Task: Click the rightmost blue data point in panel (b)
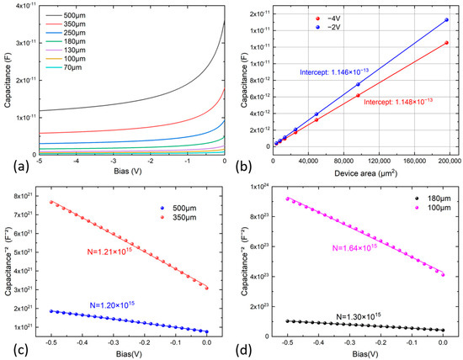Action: pyautogui.click(x=446, y=20)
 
